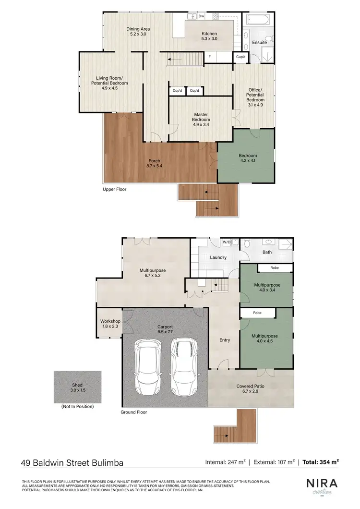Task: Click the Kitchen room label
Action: tap(209, 36)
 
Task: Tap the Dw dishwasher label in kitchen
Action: tap(202, 16)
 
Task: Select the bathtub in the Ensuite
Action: tap(258, 20)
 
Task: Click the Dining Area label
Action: tap(138, 32)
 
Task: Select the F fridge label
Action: tap(209, 57)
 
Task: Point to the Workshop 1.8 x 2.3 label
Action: tap(109, 324)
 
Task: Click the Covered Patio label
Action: tap(251, 388)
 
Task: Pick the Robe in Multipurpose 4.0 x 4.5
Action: tap(258, 313)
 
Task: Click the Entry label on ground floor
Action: tap(225, 340)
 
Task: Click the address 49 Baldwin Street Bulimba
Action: tap(72, 463)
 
